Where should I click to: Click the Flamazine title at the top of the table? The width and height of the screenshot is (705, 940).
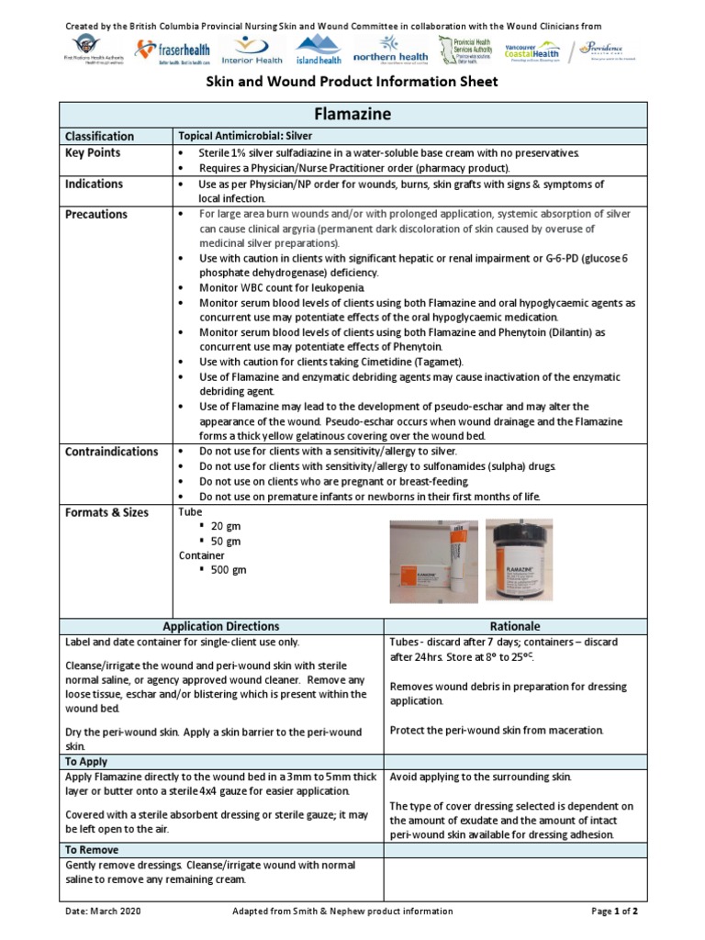[352, 115]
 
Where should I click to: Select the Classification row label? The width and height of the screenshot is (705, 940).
[99, 136]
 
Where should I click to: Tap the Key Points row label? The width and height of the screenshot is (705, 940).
[93, 152]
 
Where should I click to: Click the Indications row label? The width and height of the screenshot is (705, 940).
[95, 184]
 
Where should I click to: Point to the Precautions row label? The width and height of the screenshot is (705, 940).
[96, 215]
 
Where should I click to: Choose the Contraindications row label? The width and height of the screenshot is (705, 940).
[111, 452]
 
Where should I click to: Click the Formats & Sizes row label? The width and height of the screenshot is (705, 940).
[106, 512]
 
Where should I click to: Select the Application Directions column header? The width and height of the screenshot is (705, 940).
[221, 626]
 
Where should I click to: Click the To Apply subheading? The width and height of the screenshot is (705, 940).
[86, 762]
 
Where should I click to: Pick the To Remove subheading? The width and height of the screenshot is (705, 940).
[93, 850]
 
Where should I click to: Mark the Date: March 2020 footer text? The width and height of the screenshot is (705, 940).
[103, 912]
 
